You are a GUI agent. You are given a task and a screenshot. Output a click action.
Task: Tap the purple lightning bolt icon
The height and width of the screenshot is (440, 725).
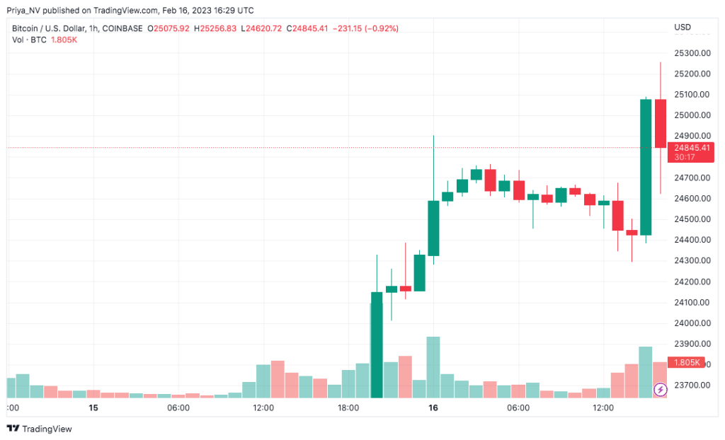click(660, 389)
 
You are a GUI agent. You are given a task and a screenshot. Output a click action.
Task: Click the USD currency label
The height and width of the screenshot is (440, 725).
click(683, 28)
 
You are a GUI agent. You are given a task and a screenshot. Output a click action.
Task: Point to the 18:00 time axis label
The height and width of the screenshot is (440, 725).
click(348, 408)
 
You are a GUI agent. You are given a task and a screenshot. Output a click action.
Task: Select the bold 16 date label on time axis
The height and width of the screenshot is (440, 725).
click(433, 408)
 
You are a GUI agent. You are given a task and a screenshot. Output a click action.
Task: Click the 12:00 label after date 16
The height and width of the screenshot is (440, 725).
click(603, 408)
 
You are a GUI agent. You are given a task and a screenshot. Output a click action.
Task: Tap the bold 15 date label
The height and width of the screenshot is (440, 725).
click(93, 408)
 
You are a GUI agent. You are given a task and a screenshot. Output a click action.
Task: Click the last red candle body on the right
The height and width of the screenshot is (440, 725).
click(660, 124)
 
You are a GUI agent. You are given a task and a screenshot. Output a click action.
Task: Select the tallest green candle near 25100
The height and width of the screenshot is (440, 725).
click(646, 167)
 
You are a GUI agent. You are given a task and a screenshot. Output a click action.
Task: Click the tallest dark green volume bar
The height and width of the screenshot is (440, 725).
click(377, 350)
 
